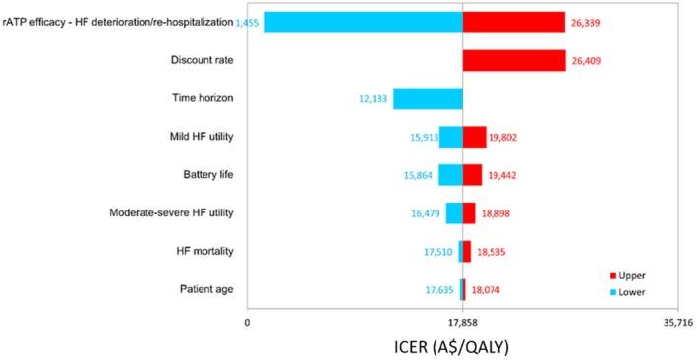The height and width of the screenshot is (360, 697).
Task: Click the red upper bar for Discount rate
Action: click(x=513, y=61)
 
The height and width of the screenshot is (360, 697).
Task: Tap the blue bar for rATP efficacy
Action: click(x=363, y=23)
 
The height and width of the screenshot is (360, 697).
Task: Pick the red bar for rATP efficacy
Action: click(x=513, y=23)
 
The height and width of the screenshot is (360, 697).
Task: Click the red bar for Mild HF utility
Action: click(x=474, y=137)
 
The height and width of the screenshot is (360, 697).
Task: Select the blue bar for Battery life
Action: click(x=450, y=174)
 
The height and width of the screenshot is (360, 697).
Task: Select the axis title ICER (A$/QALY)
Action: click(x=462, y=346)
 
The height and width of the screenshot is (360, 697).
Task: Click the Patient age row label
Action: click(x=206, y=289)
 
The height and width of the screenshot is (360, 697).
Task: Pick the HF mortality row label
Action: click(x=204, y=251)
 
